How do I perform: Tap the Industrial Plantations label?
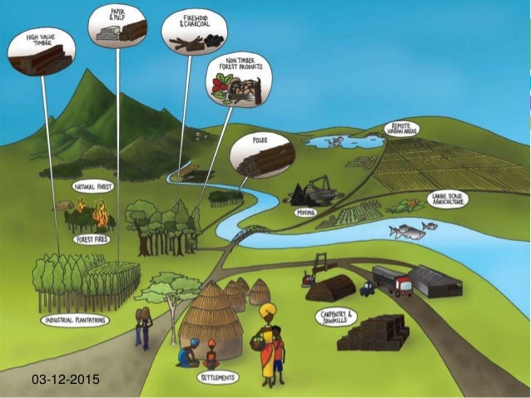[76, 320]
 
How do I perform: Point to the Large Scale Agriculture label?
[448, 199]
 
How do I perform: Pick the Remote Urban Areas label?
[402, 129]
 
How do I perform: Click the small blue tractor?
[367, 289]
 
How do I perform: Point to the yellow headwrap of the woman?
[269, 312]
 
